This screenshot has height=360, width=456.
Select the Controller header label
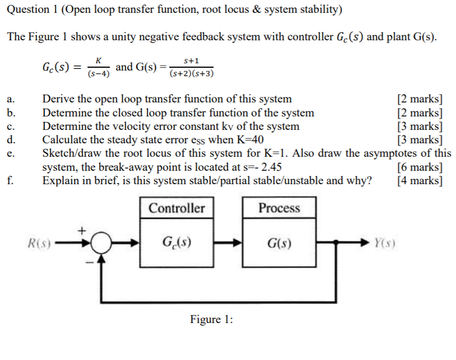pos(176,208)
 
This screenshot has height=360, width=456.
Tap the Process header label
pos(279,208)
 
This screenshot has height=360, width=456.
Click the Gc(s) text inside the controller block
pos(176,244)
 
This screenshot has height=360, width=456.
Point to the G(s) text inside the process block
pos(279,244)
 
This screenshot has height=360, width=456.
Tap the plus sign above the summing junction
pos(82,230)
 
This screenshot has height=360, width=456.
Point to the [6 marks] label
pos(420,167)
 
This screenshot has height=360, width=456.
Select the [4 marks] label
pos(420,180)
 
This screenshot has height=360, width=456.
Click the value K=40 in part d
pos(249,140)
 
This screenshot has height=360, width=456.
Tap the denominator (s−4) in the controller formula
pos(99,73)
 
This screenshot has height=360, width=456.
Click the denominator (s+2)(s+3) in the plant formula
pos(192,73)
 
